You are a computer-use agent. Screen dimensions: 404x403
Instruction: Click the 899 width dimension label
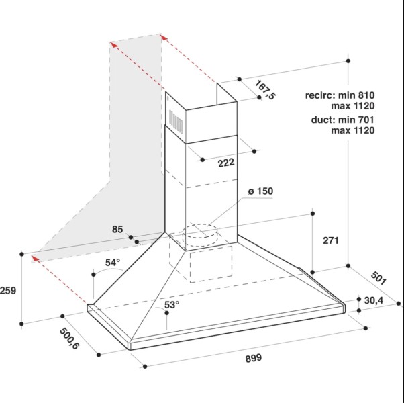point(254,358)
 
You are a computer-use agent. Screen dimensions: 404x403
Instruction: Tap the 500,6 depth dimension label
point(69,339)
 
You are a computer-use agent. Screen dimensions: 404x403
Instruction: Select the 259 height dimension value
point(8,291)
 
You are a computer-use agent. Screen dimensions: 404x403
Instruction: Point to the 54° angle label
point(113,263)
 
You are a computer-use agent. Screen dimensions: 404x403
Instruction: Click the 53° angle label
point(172,305)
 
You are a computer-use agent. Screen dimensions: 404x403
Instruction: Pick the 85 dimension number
point(117,230)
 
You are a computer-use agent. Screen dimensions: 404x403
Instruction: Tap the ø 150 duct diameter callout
point(260,191)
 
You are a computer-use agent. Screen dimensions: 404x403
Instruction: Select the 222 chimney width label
point(226,163)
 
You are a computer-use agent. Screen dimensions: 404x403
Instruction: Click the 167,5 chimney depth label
point(265,90)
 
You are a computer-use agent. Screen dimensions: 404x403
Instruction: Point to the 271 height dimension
point(331,240)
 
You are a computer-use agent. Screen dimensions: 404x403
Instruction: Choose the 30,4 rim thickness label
point(374,300)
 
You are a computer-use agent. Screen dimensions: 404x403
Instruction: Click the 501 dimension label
point(378,278)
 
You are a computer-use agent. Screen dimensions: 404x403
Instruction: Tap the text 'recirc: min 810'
point(340,95)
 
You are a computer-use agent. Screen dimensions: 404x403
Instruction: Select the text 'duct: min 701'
point(343,120)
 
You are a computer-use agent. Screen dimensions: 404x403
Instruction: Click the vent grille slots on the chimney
point(176,121)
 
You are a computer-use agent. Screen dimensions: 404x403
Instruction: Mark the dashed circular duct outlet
point(200,234)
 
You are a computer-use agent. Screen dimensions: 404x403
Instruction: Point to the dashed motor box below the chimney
point(211,264)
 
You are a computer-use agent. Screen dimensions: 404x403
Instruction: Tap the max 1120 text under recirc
point(353,106)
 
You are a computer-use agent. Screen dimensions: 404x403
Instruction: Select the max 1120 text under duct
point(353,130)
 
